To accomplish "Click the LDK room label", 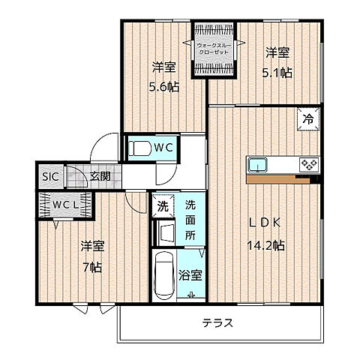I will [x=259, y=223].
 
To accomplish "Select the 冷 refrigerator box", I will [x=308, y=118].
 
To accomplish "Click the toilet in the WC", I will [x=137, y=148].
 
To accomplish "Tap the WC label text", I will [x=165, y=148].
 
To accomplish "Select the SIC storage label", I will [x=49, y=176].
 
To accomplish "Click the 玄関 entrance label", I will [x=100, y=176].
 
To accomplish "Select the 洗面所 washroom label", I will [x=190, y=219].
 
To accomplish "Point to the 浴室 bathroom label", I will [x=190, y=275].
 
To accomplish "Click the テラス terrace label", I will [x=217, y=324].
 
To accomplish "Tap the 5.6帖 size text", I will [x=163, y=85].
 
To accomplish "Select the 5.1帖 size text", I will [x=277, y=73].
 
